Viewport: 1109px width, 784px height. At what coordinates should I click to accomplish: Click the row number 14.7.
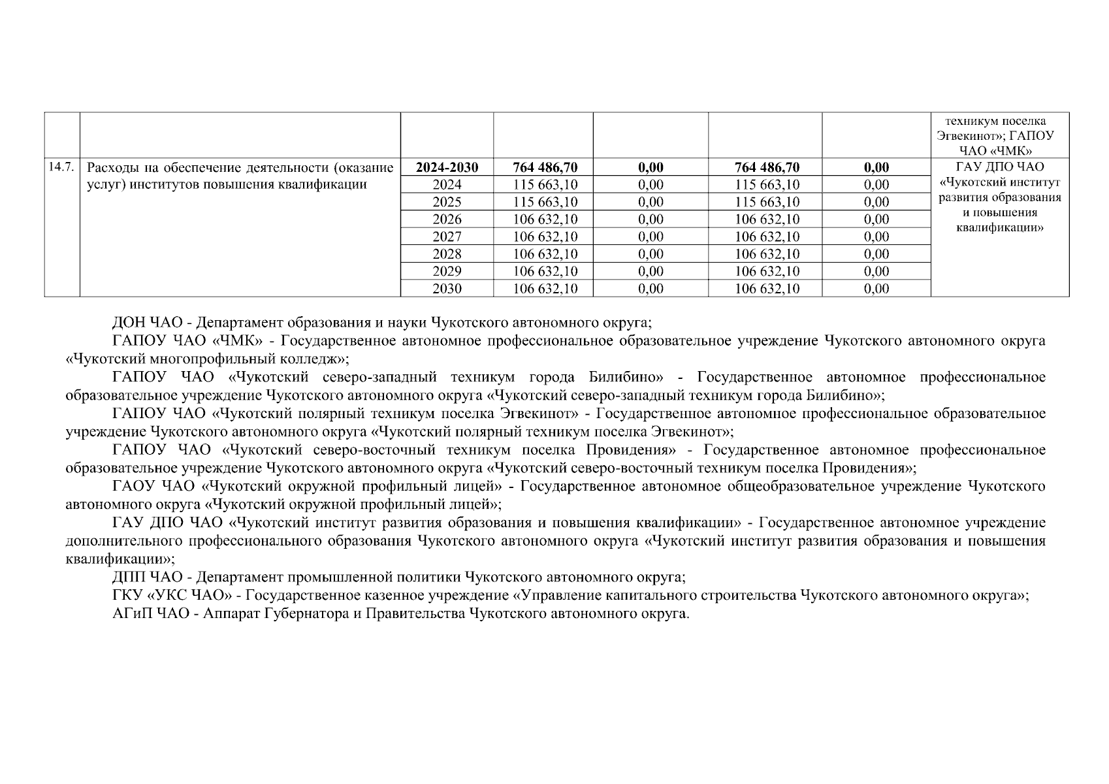point(61,167)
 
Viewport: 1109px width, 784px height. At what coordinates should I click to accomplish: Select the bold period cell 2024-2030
point(447,168)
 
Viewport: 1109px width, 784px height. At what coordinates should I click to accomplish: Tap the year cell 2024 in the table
point(447,185)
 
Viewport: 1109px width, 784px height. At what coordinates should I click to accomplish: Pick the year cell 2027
point(447,237)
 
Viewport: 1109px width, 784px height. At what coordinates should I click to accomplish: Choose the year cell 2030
point(447,289)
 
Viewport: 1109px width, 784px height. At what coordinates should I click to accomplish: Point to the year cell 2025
point(447,202)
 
